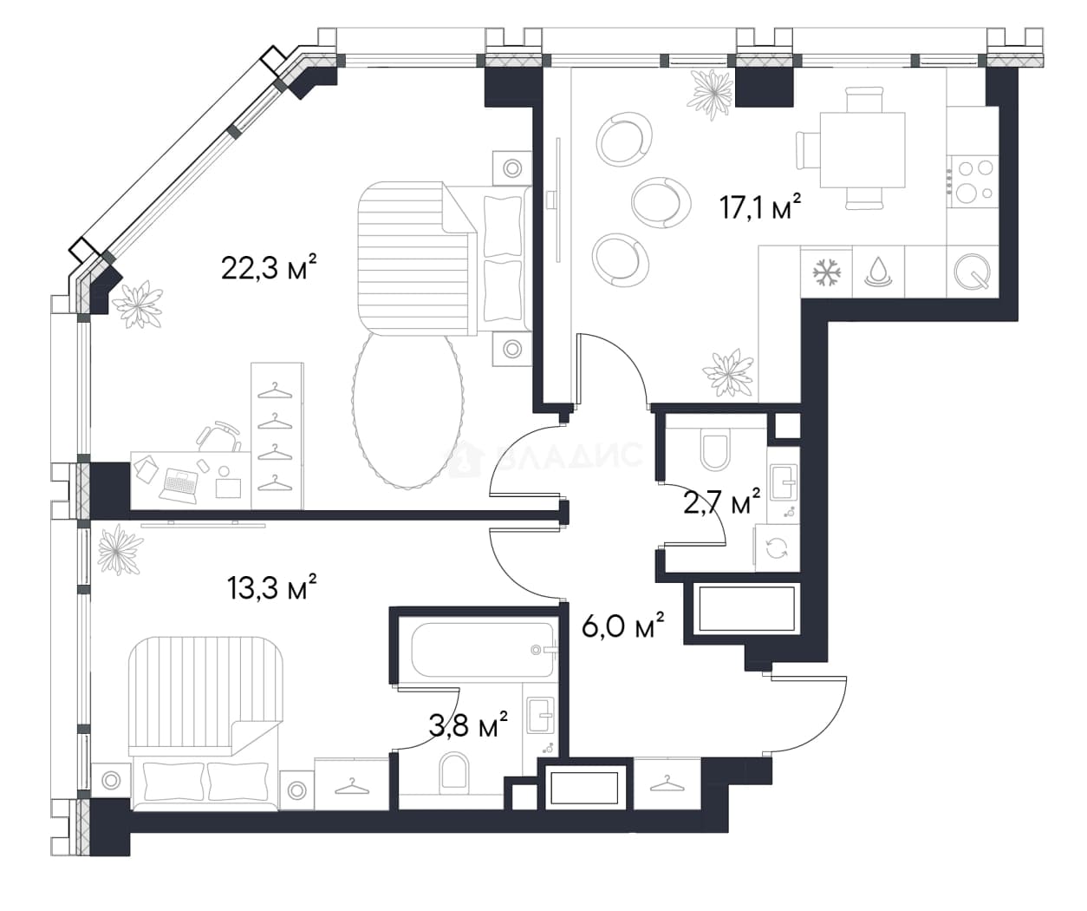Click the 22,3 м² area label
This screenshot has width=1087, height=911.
point(269,267)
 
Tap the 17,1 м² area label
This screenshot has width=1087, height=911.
point(760,206)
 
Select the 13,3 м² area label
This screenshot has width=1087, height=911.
point(272,587)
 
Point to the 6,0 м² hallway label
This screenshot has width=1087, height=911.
point(623,626)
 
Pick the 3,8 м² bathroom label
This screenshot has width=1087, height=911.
point(468,724)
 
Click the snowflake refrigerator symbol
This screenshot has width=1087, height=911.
point(826,272)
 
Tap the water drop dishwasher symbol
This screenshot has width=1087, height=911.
point(878,272)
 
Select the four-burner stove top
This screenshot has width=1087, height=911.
point(973,180)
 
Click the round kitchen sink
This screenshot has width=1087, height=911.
point(972,271)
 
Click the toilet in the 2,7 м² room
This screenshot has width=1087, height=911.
point(715,450)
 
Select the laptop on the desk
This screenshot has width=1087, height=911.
point(179,485)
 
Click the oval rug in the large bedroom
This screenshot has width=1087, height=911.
point(407,410)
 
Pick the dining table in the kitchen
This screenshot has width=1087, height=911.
point(862,150)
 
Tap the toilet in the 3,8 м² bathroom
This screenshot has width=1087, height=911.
point(453,770)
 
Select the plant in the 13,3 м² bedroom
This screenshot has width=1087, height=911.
point(120,549)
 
